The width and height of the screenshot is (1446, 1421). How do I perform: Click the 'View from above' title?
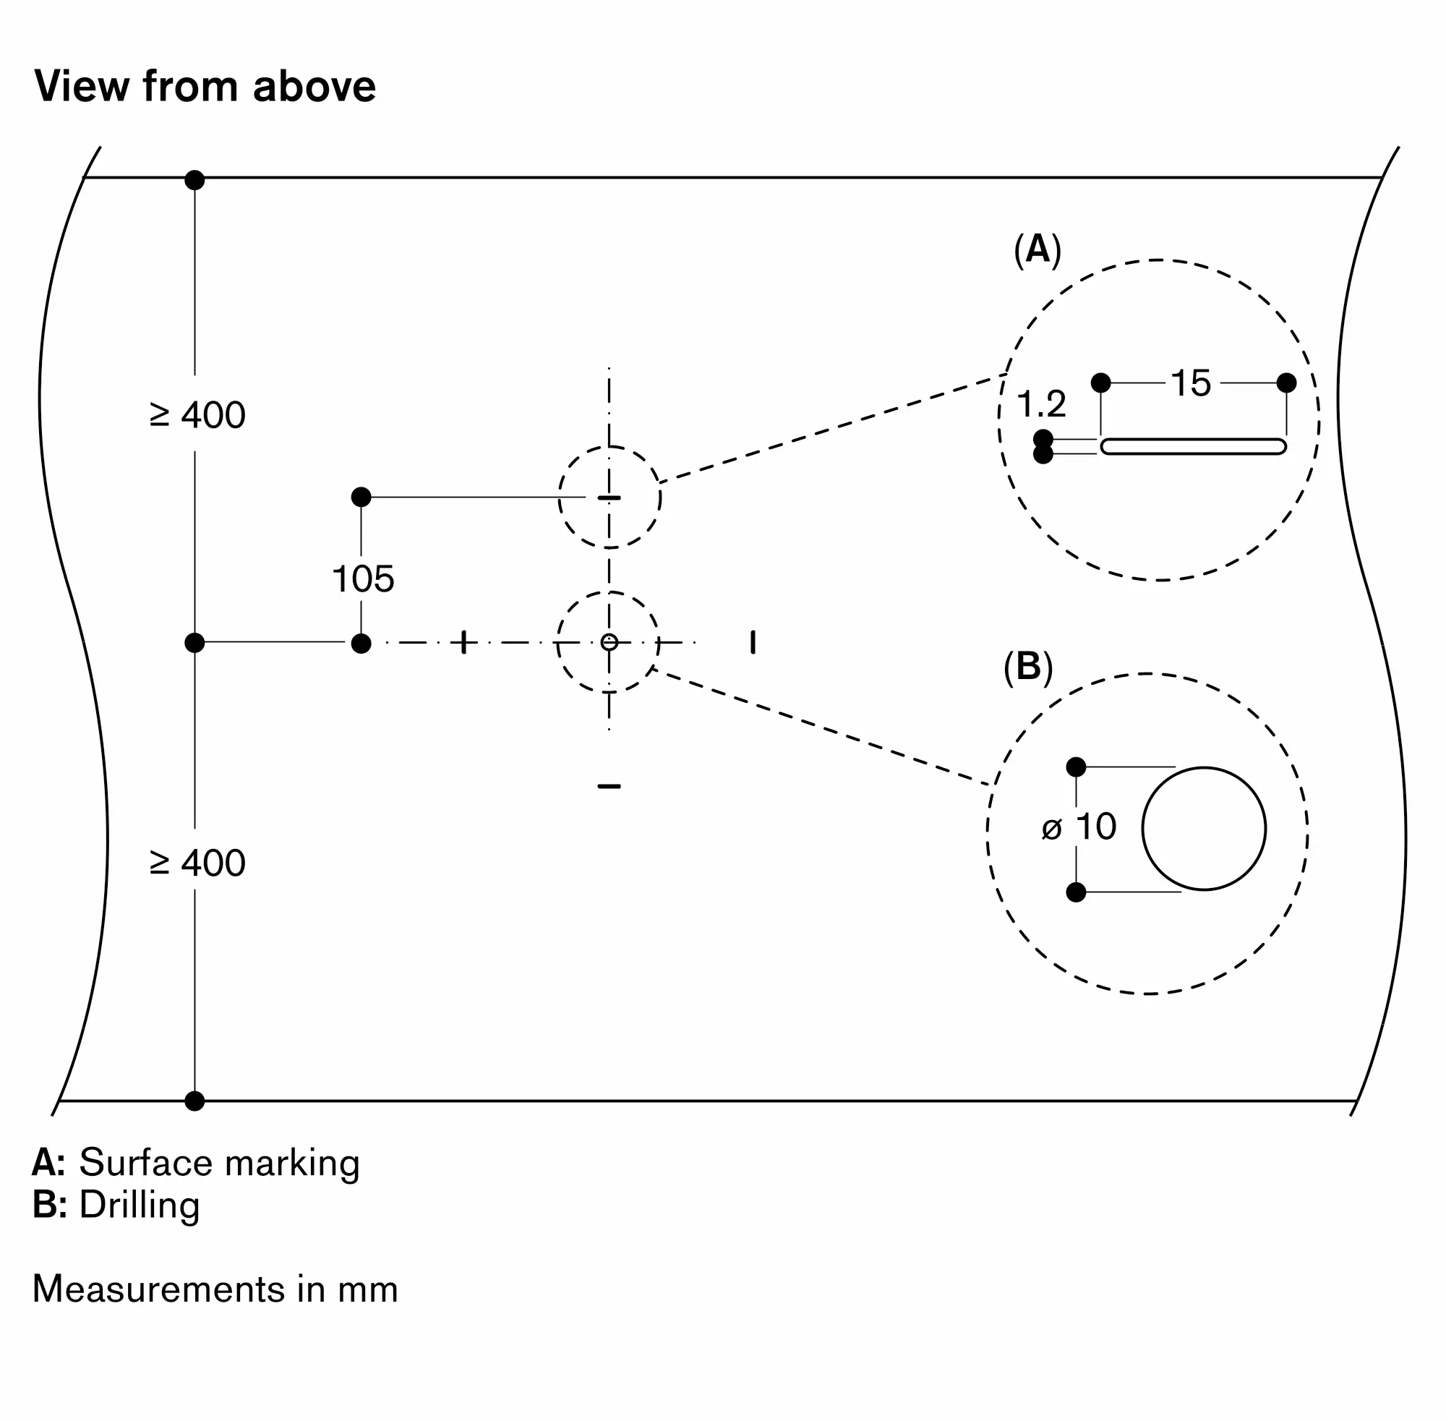click(x=205, y=87)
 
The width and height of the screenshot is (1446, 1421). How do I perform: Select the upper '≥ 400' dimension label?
click(x=197, y=415)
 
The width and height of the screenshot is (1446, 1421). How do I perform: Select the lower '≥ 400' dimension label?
click(x=197, y=863)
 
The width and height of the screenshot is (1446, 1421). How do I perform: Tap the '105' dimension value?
click(x=363, y=579)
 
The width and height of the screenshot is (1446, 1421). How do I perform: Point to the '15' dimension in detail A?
click(x=1190, y=383)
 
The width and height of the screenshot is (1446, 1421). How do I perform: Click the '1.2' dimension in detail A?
click(x=1041, y=404)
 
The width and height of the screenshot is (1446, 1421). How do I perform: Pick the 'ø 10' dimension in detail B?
click(x=1079, y=827)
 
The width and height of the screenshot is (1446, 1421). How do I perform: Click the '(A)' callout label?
click(x=1037, y=249)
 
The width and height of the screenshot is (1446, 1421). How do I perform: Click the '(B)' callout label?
click(x=1027, y=666)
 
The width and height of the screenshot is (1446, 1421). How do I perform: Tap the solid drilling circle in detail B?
click(x=1203, y=829)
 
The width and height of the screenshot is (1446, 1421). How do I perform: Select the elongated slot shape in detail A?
click(x=1192, y=446)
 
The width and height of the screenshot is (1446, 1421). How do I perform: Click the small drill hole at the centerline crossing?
click(x=609, y=642)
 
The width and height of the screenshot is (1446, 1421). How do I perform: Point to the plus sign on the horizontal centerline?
click(x=463, y=642)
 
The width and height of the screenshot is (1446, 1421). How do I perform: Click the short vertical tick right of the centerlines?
click(x=753, y=642)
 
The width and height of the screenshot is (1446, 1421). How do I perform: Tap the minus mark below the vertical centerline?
click(x=609, y=786)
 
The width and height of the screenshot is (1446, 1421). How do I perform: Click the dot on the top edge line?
click(x=194, y=180)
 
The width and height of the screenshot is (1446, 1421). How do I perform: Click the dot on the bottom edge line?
click(x=194, y=1101)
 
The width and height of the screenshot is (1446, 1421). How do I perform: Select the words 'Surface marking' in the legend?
click(x=219, y=1163)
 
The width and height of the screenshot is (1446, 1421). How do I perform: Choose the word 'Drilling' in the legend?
click(x=140, y=1205)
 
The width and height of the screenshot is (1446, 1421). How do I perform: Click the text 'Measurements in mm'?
click(x=215, y=1289)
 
